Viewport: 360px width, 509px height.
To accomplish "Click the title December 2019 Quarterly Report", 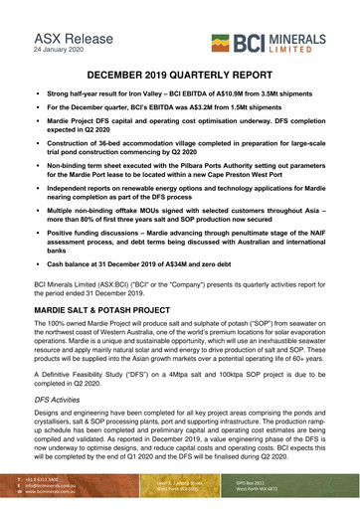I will coord(179,75).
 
